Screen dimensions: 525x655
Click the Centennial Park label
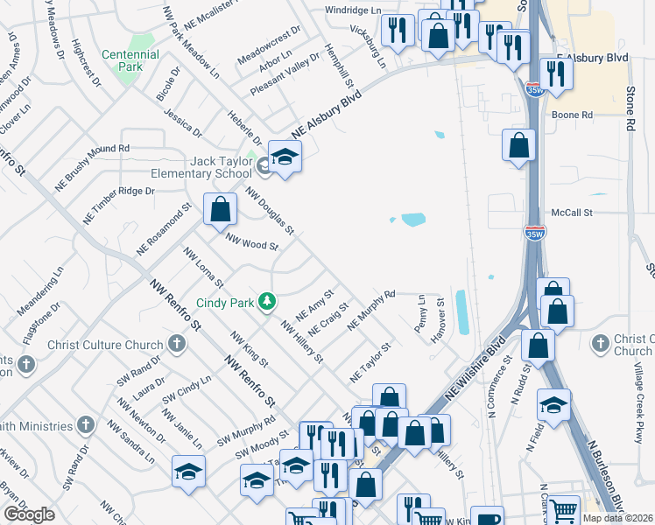pos(130,60)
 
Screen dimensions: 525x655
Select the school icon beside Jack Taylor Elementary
pos(285,157)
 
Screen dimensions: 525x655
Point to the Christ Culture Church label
pos(106,344)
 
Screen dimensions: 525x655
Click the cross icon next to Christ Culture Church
pos(177,343)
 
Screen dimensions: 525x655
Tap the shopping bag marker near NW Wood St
pos(219,209)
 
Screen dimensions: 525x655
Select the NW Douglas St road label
pos(269,210)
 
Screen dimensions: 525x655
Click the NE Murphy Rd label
pos(372,311)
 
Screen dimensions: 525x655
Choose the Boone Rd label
pos(572,115)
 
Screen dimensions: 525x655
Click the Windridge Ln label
pos(354,10)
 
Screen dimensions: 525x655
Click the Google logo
pos(29,514)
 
